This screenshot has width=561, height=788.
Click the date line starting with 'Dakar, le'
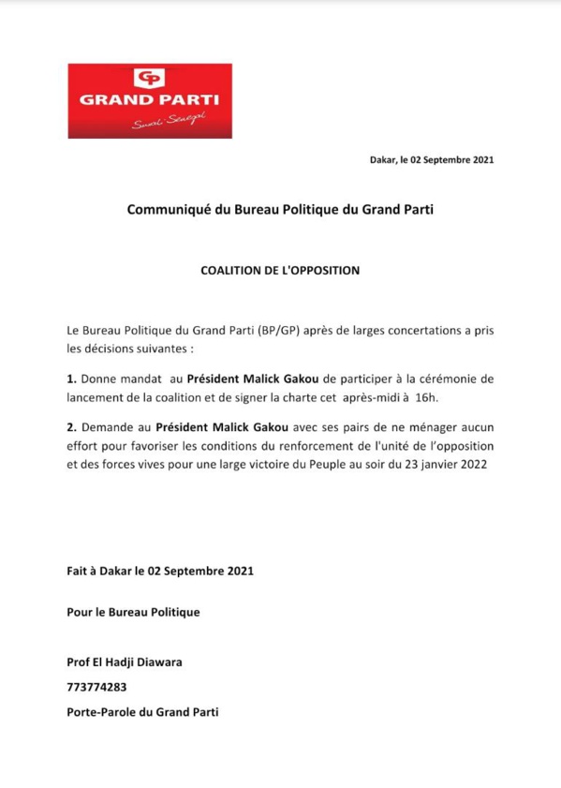coord(431,160)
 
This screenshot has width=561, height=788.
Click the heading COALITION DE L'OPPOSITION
coord(280,272)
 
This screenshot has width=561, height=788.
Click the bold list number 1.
coord(71,379)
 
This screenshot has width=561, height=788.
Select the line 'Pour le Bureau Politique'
coord(134,613)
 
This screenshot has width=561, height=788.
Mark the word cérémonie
coord(453,379)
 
